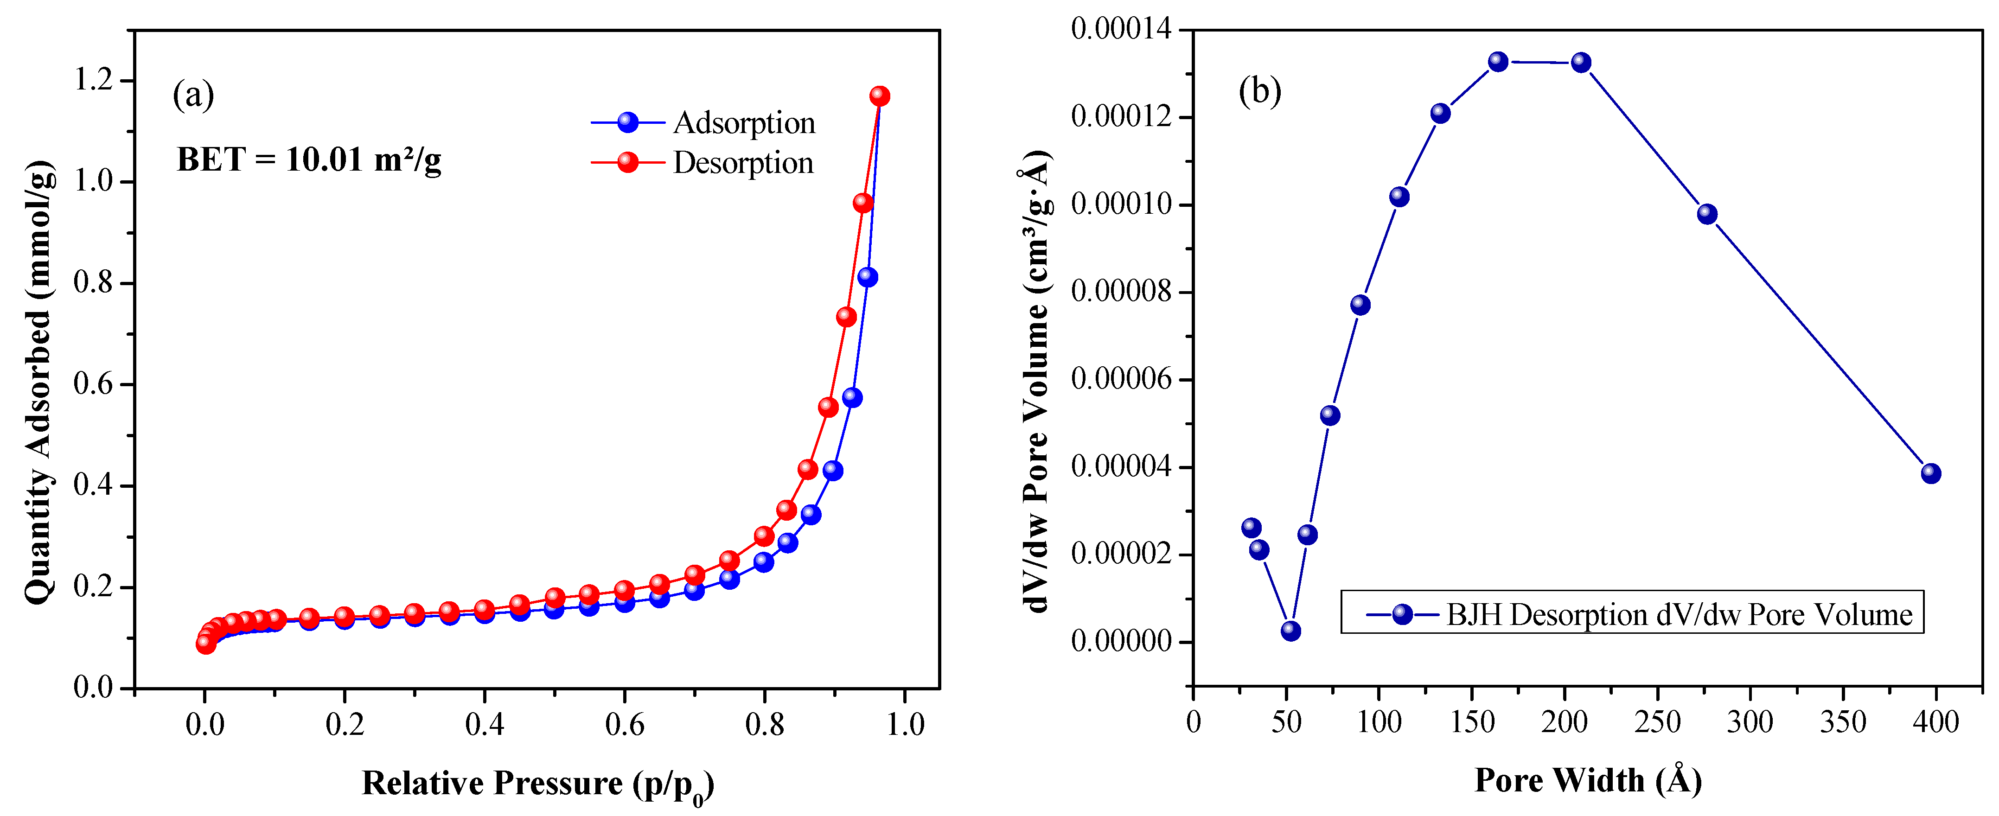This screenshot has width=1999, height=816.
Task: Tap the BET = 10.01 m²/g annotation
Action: click(x=309, y=160)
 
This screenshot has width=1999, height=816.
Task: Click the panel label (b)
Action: click(x=1259, y=91)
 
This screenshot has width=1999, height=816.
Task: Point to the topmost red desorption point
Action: click(x=879, y=96)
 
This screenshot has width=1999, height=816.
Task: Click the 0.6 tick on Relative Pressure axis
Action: click(x=625, y=725)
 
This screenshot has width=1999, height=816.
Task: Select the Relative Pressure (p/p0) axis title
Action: click(x=537, y=784)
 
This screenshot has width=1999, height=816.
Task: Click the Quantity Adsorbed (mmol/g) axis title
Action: click(x=39, y=382)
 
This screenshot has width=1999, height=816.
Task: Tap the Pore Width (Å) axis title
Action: click(x=1588, y=780)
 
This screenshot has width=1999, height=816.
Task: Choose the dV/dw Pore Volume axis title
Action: click(x=1036, y=380)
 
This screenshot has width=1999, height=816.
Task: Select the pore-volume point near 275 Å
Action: click(x=1706, y=214)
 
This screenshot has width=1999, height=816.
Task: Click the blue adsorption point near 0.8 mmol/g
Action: click(x=868, y=277)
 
